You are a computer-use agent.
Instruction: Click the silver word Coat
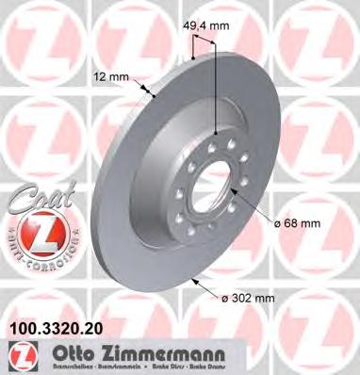point(34,199)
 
